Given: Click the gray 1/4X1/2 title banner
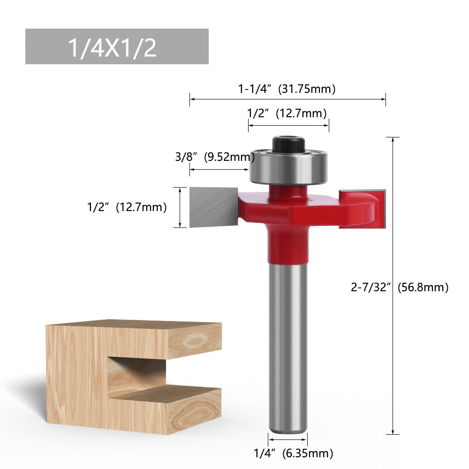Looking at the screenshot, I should (x=117, y=46).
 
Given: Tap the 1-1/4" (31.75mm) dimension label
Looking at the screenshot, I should (x=287, y=89).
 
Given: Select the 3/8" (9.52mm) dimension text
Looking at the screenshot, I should (x=215, y=157).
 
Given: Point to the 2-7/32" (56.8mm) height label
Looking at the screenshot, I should (x=400, y=287).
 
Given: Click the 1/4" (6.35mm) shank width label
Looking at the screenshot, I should (x=293, y=453).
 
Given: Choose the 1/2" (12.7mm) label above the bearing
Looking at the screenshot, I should (x=287, y=113).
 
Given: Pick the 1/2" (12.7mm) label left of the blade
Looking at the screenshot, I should (x=127, y=207).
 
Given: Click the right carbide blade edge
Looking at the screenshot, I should (x=384, y=208).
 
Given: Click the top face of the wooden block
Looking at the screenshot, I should (x=136, y=325).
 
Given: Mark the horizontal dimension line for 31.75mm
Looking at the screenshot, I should (x=287, y=99).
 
